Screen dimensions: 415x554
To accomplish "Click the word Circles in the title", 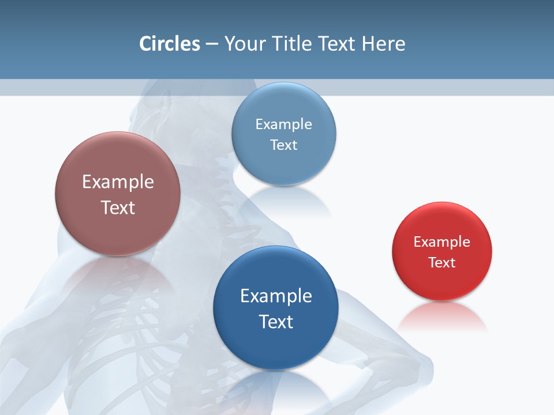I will (x=170, y=44).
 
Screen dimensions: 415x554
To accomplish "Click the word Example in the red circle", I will (x=442, y=242).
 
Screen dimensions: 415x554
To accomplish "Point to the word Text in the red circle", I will (x=442, y=263).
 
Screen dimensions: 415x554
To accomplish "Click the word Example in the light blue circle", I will (x=283, y=124).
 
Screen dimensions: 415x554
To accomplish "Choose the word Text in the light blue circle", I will (x=283, y=145).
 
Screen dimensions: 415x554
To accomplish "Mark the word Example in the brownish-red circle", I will (x=118, y=182).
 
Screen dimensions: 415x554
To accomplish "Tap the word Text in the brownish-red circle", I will (x=118, y=207).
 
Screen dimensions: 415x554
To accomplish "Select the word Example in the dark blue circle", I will (x=276, y=296).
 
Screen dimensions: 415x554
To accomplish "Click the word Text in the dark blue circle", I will (x=276, y=322).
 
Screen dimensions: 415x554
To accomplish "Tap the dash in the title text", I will (x=212, y=44).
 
